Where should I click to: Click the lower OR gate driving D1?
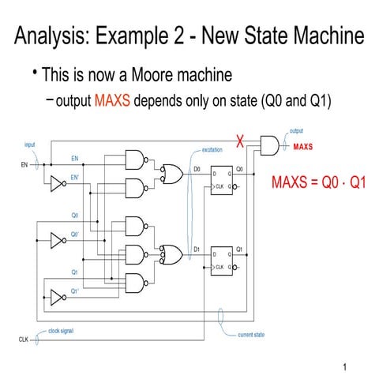tap(169, 253)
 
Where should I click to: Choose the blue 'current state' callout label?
tap(251, 334)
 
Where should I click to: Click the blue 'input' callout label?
tap(30, 145)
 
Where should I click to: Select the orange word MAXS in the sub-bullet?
tap(113, 102)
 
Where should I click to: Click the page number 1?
tap(345, 367)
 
